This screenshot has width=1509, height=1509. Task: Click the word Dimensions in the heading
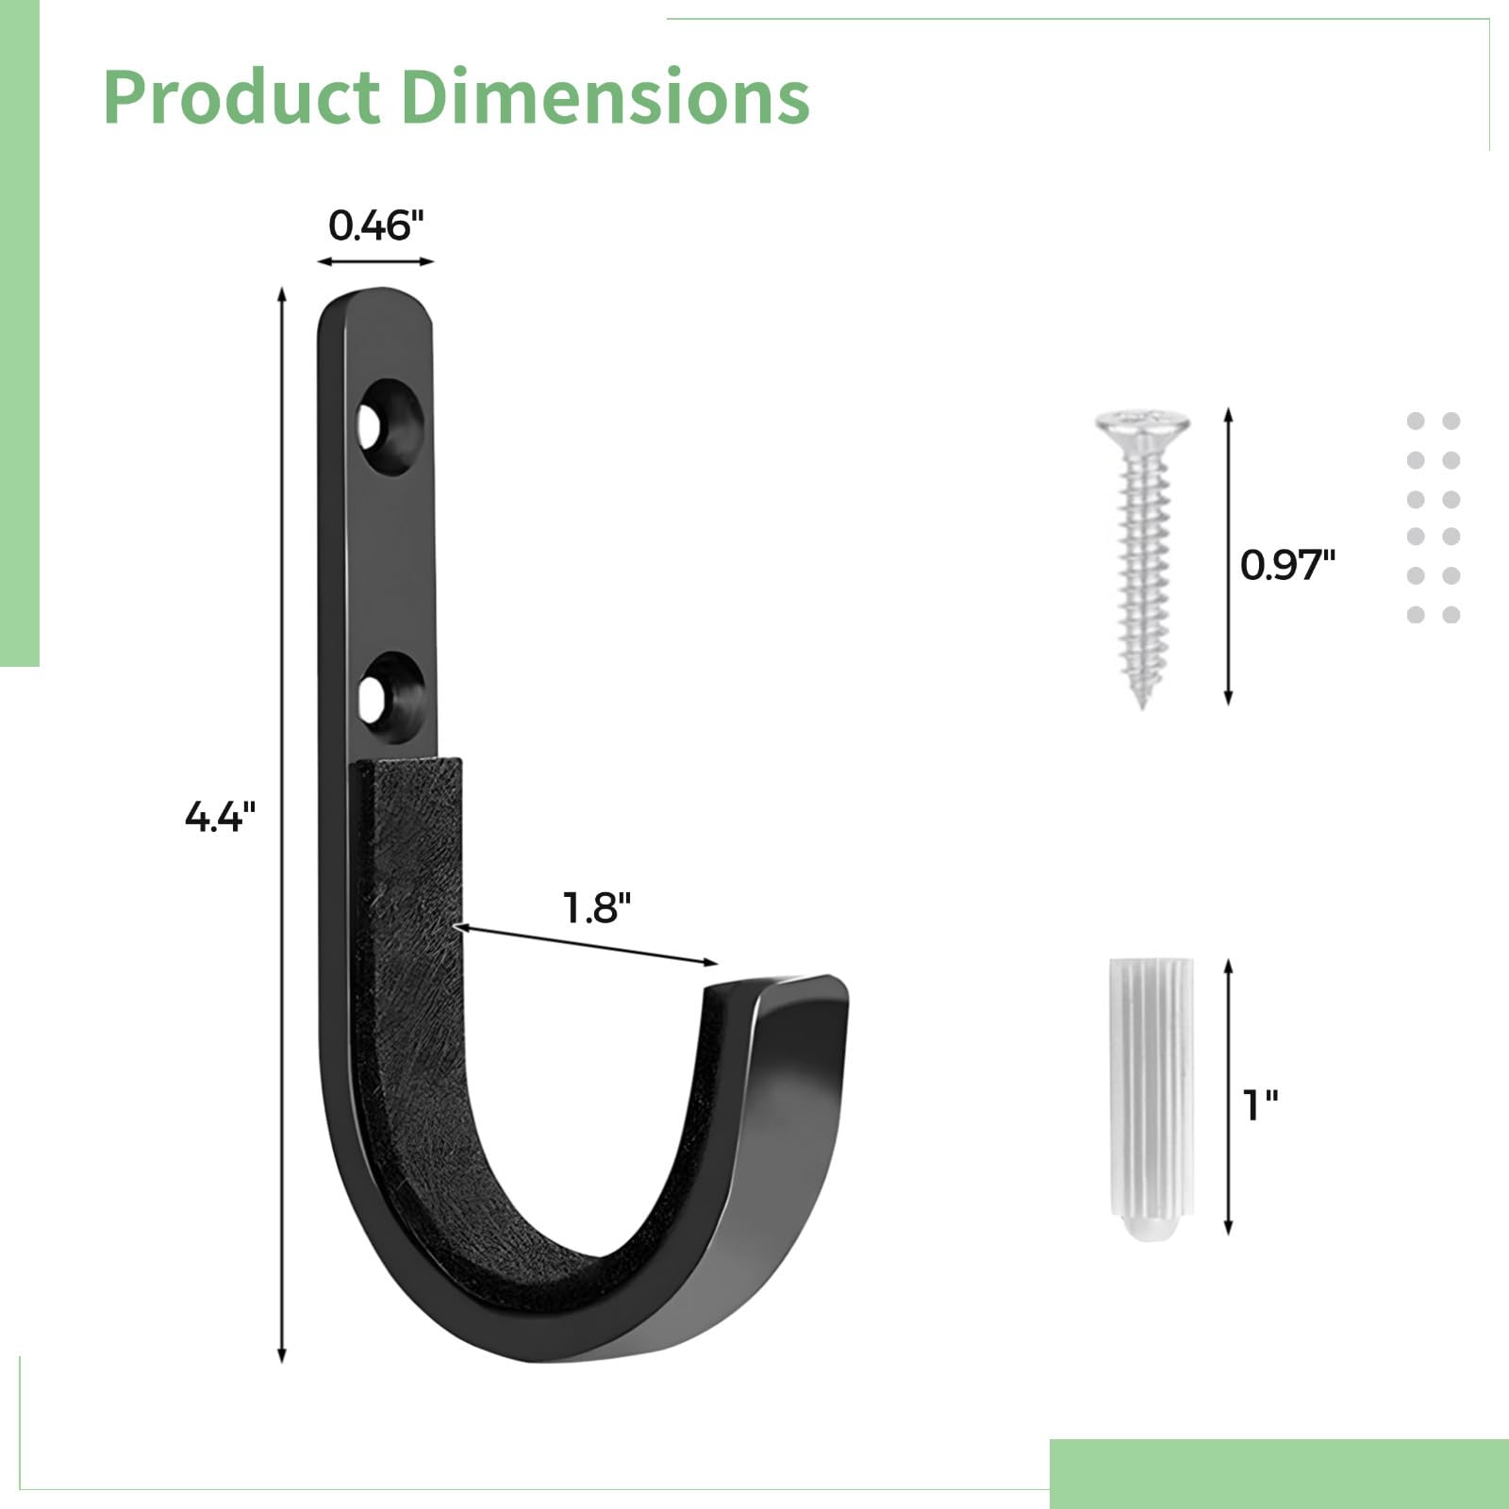[605, 97]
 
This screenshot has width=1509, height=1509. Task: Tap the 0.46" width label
[376, 226]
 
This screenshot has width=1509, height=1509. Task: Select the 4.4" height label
[220, 816]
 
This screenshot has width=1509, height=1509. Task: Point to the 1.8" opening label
[596, 908]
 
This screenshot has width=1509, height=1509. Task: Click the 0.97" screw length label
[1287, 565]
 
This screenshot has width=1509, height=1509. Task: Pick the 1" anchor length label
[1260, 1104]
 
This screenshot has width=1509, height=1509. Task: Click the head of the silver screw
[1142, 425]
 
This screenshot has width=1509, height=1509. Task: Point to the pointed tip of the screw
[1143, 703]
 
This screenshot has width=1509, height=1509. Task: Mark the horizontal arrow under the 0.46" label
[375, 261]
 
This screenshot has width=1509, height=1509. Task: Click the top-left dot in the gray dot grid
[1416, 422]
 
